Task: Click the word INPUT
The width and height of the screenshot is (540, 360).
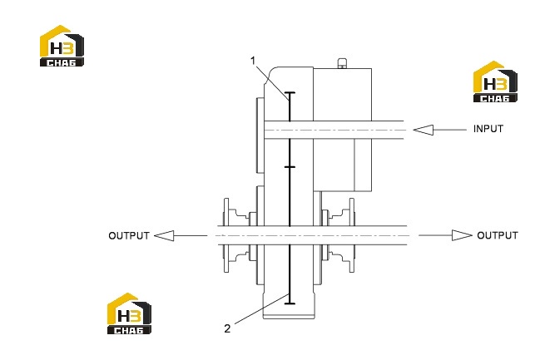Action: pos(488,129)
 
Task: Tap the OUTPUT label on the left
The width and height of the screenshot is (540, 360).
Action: pos(129,236)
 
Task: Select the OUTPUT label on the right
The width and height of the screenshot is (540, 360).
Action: pos(498,235)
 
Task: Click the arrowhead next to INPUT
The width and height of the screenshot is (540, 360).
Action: pos(423,130)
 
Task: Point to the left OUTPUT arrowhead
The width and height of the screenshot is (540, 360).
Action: pos(164,236)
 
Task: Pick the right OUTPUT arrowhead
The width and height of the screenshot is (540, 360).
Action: pos(462,235)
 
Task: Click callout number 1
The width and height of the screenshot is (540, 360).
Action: pos(253,61)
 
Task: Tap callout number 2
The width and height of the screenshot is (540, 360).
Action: pos(227,328)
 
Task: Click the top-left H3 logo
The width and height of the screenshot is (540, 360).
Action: pos(62,46)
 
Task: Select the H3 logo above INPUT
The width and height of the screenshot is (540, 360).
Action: pos(495,81)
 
